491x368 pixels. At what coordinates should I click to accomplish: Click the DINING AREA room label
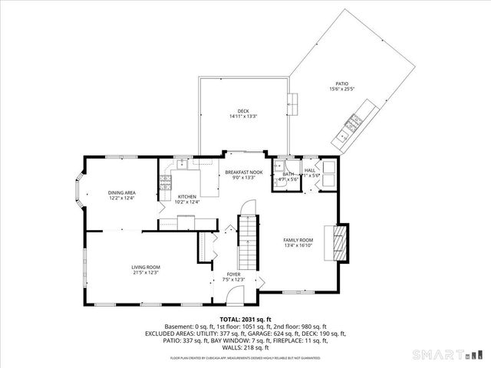pos(122,192)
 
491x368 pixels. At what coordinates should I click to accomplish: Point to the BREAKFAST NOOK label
pos(244,172)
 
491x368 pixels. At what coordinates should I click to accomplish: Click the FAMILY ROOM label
pos(298,240)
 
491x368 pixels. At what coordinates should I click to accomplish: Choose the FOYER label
pos(233,274)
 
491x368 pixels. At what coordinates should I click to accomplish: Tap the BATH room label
pos(288,174)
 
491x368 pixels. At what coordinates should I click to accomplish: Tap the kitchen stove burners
pos(165,181)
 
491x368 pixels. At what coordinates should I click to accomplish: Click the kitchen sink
pos(183,163)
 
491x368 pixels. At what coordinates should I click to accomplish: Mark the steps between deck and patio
pos(293,100)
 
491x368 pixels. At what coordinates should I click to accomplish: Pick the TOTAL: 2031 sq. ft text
pos(245,318)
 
